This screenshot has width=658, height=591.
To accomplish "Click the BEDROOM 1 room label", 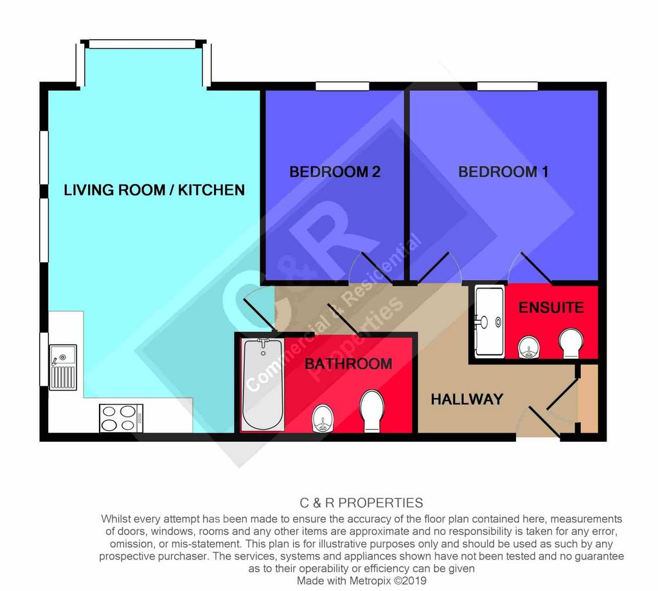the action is coord(503,172).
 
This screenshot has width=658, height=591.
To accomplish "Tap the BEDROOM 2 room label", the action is coord(335,172).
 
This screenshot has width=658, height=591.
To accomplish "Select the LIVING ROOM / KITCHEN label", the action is coord(154,190).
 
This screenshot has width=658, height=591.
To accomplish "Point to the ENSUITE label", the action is coord(551,307).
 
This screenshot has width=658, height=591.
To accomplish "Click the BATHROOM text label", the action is coord(348,363).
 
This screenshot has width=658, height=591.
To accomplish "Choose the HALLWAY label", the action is coord(467,399).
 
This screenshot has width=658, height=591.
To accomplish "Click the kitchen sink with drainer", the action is coord(63,367).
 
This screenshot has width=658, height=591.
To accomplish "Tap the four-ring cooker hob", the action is coord(121,418).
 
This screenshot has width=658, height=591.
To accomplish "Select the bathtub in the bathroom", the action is coord(263,385).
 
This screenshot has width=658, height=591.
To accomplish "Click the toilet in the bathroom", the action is coord(372,411).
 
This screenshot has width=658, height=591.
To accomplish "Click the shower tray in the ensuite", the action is coord(489,322).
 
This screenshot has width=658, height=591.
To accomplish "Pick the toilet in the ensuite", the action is coord(571,343).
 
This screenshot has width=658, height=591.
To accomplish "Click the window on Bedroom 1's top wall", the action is coord(508,86).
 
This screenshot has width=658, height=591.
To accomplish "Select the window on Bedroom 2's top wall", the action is coord(342,86).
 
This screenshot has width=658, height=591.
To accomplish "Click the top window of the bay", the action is coord(143,44).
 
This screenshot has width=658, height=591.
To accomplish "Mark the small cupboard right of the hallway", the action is coord(589,399).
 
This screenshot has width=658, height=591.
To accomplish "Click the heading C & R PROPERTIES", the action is coord(361,503).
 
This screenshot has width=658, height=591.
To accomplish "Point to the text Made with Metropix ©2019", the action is coord(362,581).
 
